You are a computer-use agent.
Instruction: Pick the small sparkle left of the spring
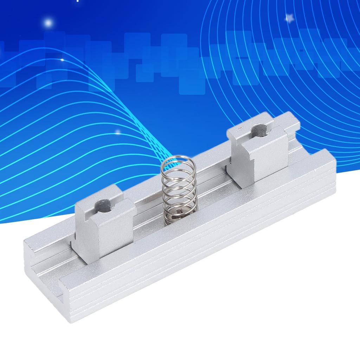[x=118, y=133]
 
